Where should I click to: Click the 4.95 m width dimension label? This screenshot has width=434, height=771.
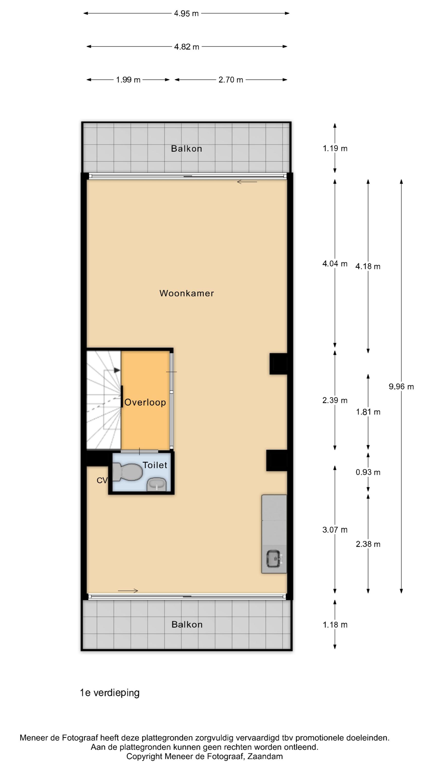pos(186,13)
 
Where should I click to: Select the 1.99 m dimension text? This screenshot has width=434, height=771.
pos(128,80)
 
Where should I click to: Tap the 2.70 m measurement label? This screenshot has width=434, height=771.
pos(231,80)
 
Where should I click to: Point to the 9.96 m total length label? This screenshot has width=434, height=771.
pos(401,387)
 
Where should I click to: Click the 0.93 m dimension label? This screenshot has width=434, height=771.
pos(368,472)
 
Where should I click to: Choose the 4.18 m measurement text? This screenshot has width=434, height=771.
pos(368,266)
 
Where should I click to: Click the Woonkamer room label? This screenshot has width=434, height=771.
pos(187,293)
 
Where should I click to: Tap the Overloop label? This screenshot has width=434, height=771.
pos(145,402)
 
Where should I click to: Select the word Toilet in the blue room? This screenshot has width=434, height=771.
pos(155,465)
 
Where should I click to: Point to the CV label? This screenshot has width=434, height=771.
pos(102,480)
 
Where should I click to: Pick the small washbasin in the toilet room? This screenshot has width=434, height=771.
pos(157,484)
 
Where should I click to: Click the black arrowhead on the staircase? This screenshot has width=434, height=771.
pos(117,371)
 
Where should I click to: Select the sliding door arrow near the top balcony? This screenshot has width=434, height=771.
pos(247,182)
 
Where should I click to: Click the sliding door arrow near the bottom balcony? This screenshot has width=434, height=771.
pos(128,591)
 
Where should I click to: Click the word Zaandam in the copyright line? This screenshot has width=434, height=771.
pos(265,757)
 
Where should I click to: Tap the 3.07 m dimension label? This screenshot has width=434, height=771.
pos(335,530)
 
